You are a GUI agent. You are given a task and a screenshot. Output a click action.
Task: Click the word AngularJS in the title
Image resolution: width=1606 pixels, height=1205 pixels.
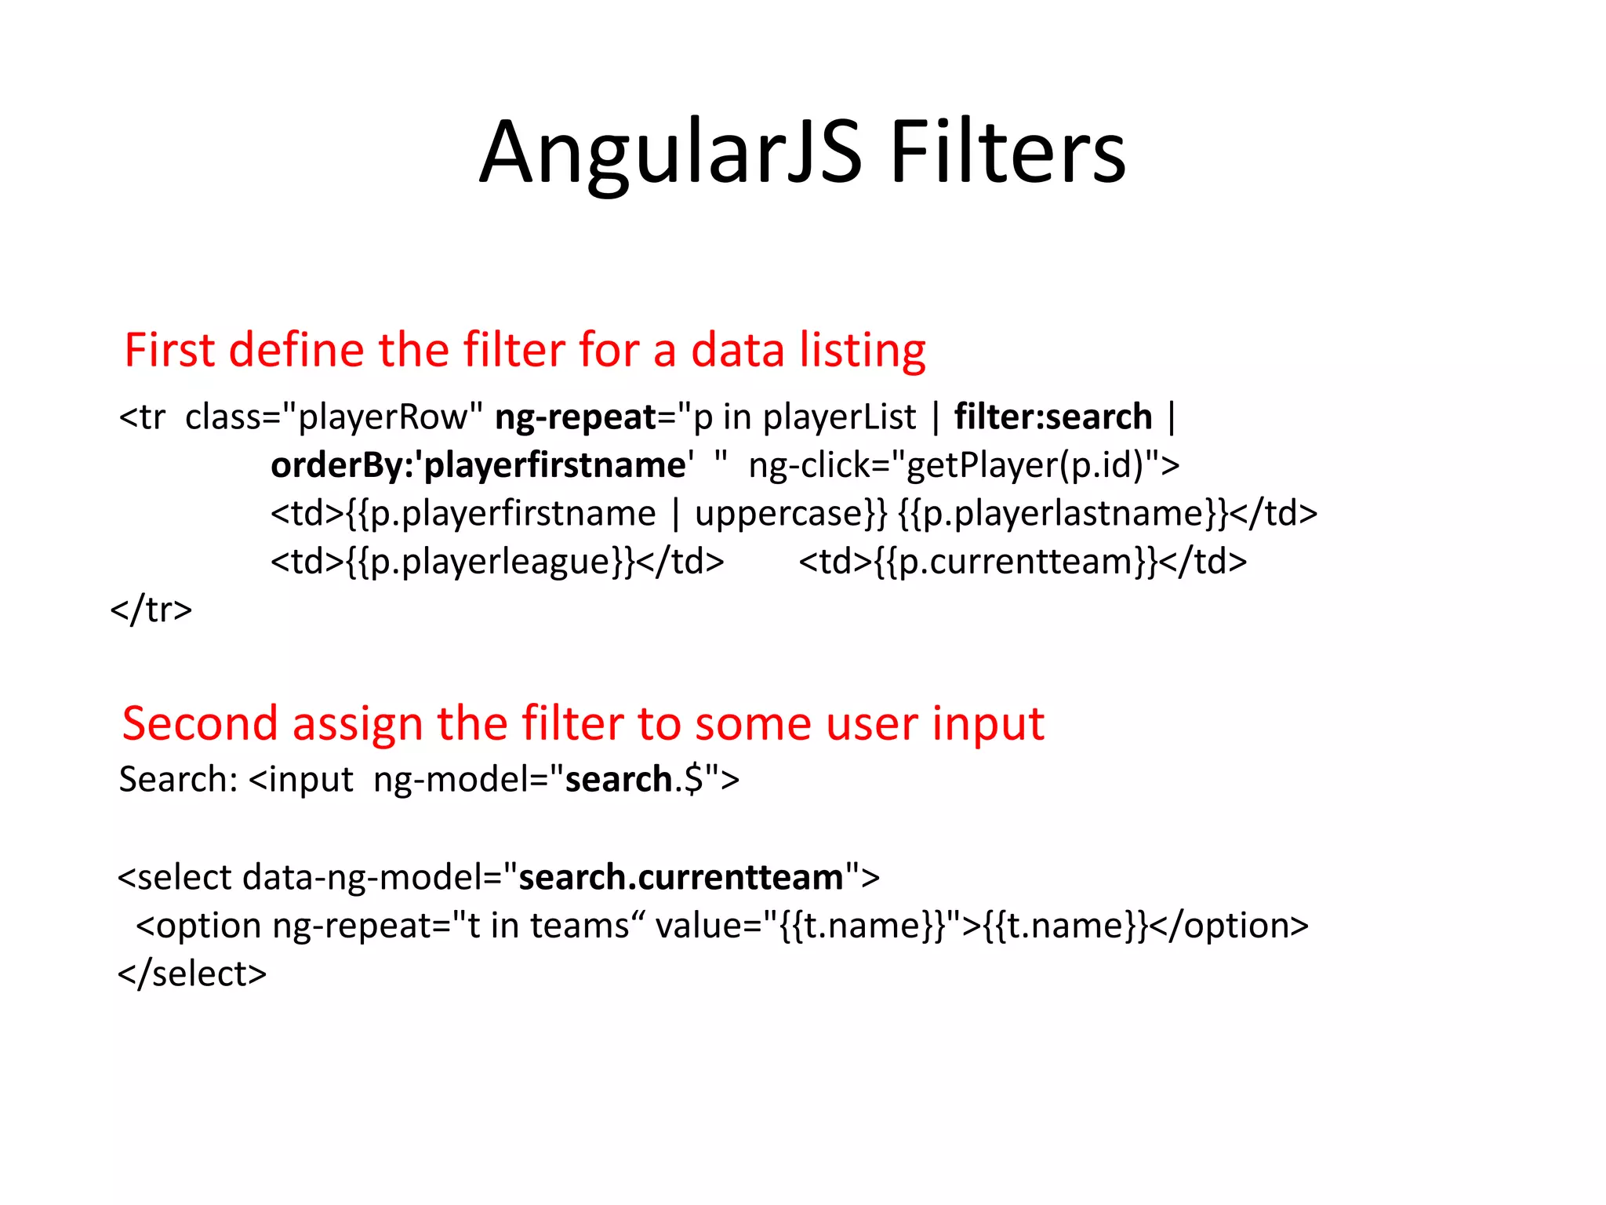[670, 153]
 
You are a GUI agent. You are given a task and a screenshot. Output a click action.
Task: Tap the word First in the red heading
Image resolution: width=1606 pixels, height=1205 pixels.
[169, 350]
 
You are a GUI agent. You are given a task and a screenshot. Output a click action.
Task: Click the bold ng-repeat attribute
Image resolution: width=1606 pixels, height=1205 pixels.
[575, 417]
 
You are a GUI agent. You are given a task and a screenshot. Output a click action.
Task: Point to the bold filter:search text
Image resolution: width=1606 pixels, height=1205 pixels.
[1053, 417]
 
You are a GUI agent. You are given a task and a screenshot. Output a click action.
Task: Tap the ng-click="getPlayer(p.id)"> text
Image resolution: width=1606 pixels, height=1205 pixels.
[964, 465]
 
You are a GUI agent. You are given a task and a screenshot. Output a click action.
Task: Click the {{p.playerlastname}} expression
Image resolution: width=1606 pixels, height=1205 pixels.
[1063, 514]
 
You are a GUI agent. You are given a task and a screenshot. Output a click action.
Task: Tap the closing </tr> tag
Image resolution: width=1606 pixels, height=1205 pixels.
[151, 610]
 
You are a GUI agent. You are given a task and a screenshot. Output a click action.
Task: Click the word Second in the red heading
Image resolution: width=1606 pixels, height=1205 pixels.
[200, 723]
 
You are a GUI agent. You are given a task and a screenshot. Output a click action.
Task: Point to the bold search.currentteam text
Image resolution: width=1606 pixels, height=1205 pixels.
[681, 877]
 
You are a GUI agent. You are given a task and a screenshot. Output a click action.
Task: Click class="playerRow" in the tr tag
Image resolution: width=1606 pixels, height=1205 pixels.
[334, 417]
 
